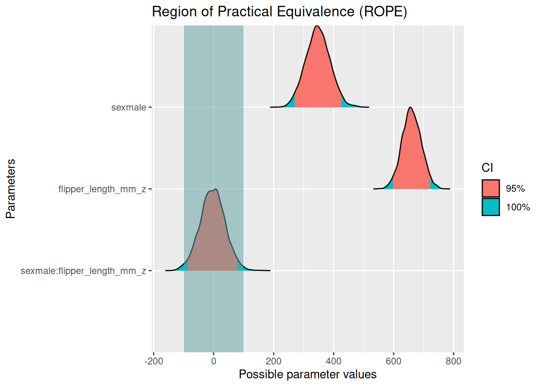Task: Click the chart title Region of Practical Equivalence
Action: [x=279, y=12]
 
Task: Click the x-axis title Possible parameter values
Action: [x=307, y=375]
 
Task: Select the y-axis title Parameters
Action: [x=11, y=189]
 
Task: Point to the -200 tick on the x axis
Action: [x=154, y=361]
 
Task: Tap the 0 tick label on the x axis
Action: [x=214, y=361]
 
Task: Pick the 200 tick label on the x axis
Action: [x=273, y=361]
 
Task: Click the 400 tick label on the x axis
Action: [x=334, y=361]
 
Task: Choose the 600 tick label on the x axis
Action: [x=394, y=361]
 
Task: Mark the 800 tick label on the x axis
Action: [x=453, y=361]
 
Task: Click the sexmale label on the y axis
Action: [x=129, y=108]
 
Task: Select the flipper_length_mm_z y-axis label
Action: [x=102, y=189]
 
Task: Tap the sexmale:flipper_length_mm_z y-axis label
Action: [x=83, y=271]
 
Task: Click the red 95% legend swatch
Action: [x=490, y=189]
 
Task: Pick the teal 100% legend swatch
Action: [x=490, y=207]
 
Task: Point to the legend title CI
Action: [x=487, y=168]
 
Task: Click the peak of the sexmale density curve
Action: [x=317, y=26]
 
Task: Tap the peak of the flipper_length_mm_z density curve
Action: [x=410, y=108]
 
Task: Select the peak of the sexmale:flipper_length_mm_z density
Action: [x=215, y=189]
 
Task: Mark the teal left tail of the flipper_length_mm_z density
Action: [x=389, y=186]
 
